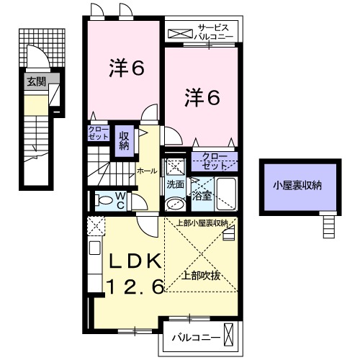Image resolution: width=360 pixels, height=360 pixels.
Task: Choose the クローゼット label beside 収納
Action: click(x=98, y=133)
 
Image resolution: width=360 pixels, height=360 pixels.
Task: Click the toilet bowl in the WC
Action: click(x=104, y=201)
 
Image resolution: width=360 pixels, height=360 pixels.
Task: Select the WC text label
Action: click(x=122, y=199)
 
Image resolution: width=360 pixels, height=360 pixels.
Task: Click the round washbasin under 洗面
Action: click(x=174, y=204)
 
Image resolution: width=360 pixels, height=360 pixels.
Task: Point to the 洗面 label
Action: click(x=176, y=184)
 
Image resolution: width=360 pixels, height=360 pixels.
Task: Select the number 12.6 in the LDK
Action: click(x=136, y=287)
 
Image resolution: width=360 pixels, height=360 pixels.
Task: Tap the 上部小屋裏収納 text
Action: click(x=202, y=223)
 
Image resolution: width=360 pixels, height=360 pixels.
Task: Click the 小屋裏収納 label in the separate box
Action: click(x=297, y=185)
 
